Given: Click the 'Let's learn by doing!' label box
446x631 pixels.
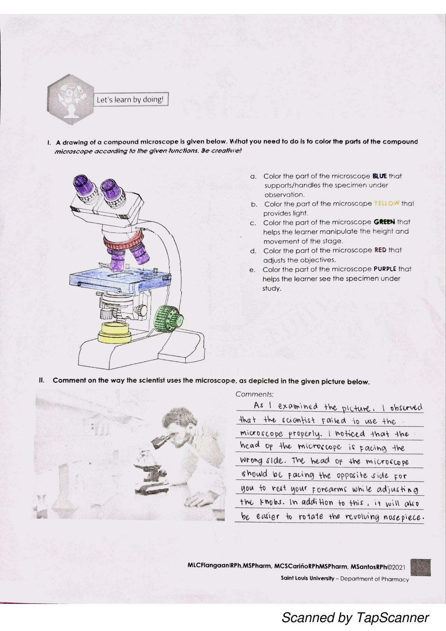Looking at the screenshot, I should [x=130, y=100].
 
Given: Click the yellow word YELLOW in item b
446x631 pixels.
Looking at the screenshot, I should [x=387, y=203].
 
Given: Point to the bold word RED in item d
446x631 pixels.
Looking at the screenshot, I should [x=380, y=250].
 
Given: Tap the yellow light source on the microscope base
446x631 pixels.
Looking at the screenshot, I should [x=114, y=332].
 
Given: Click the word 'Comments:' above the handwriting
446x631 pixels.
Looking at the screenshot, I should [x=255, y=394].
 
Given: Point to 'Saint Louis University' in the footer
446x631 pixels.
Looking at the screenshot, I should [x=307, y=579].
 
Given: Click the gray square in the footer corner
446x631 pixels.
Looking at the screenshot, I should [x=421, y=568].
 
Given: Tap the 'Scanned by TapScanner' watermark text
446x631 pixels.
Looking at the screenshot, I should [x=355, y=618].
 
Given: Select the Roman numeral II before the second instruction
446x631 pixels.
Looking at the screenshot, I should [x=41, y=380].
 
